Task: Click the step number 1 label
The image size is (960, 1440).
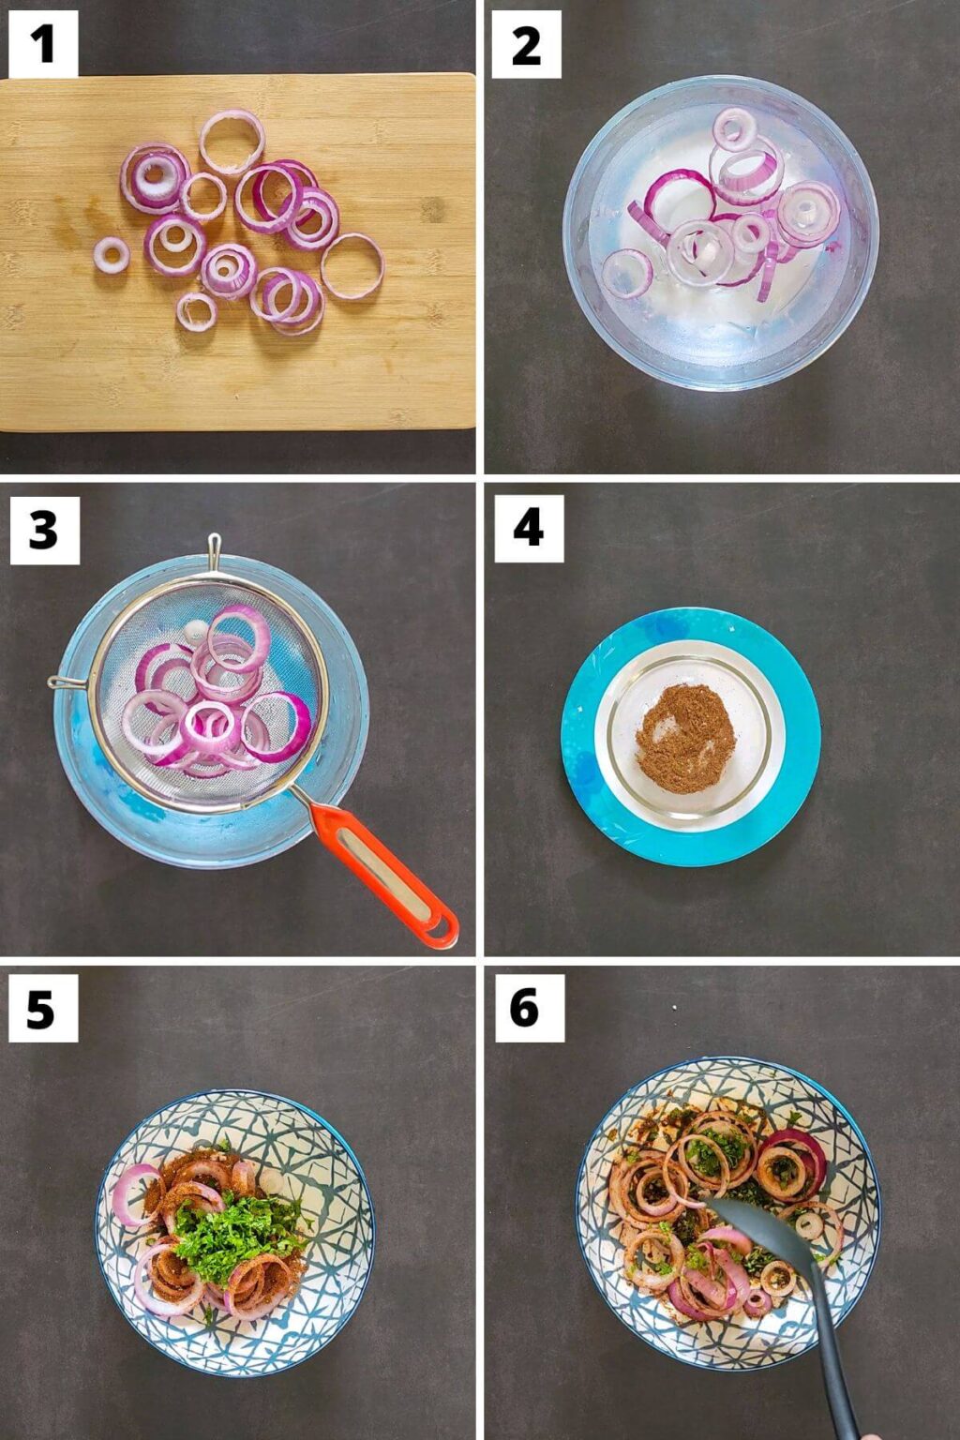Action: [x=42, y=44]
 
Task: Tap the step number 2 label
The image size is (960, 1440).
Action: [x=526, y=44]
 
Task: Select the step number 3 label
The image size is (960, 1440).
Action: [x=43, y=531]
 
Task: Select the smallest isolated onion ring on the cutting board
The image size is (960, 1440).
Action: [x=111, y=254]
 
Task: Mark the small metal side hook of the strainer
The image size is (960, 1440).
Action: [x=61, y=682]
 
